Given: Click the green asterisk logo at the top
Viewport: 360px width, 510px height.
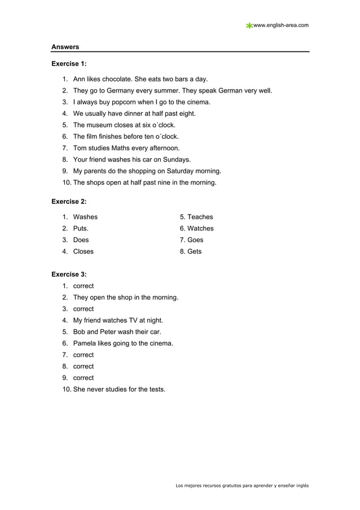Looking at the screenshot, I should click(249, 25).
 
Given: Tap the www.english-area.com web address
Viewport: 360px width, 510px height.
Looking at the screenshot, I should click(281, 25).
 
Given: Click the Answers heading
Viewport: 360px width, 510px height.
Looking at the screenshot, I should click(65, 46).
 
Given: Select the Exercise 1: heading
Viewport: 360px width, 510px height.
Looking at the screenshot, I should click(69, 64).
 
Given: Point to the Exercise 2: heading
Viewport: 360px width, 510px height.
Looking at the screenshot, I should click(69, 201).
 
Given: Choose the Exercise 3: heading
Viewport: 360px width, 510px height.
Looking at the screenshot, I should click(69, 274).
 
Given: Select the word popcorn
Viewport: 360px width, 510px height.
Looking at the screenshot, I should click(131, 102).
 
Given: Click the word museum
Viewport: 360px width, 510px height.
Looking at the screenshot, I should click(101, 125).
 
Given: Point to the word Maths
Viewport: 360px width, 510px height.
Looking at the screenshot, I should click(124, 148).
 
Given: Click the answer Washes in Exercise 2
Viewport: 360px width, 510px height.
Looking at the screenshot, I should click(85, 217).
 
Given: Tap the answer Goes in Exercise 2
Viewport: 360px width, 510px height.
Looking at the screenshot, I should click(195, 240).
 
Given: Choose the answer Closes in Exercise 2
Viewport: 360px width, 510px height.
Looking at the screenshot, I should click(84, 251).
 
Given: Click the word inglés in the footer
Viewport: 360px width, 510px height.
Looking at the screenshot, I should click(301, 486).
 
